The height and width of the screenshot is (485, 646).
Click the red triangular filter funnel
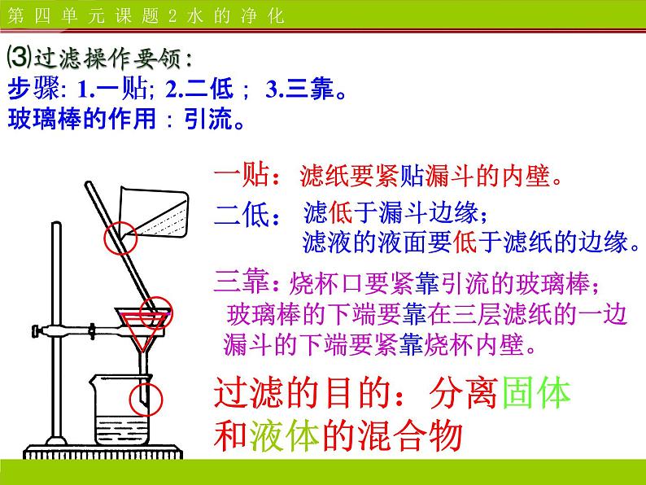click(x=144, y=330)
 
